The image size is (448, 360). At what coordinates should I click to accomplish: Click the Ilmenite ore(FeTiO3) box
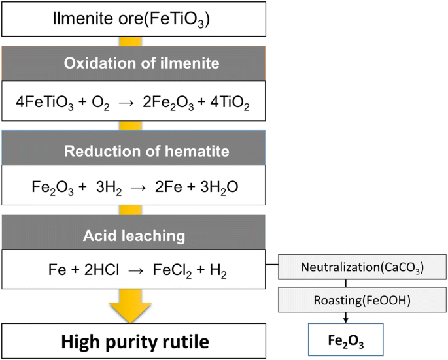133,18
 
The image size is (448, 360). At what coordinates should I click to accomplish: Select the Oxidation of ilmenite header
133,64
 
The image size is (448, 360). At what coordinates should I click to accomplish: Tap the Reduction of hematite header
133,152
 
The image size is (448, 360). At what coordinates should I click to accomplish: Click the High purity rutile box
133,340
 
